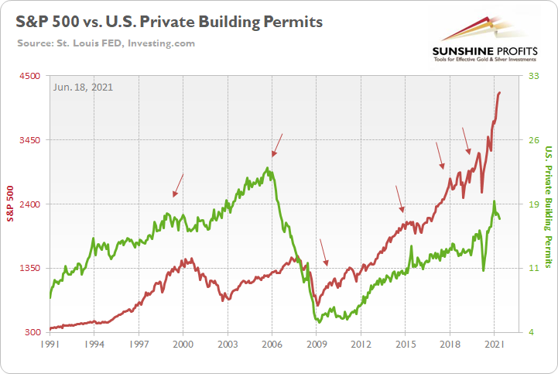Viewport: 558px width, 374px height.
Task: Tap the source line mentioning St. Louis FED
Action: (106, 43)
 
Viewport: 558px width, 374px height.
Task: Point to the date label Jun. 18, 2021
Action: (84, 87)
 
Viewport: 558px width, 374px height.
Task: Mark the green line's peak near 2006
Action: (268, 168)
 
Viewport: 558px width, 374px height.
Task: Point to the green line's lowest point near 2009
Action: (318, 321)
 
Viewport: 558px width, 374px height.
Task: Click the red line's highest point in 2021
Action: (500, 92)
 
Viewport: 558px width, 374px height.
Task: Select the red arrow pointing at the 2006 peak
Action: (277, 145)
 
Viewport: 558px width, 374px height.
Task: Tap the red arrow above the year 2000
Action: (178, 184)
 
